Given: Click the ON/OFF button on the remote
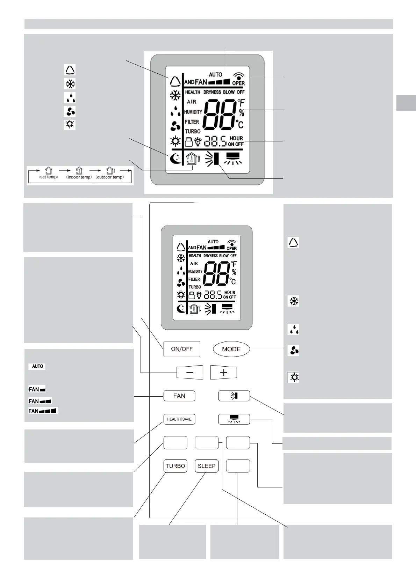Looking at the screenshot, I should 182,349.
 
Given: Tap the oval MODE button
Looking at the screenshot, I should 231,349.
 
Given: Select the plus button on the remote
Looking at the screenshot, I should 224,372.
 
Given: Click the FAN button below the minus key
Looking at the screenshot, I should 179,396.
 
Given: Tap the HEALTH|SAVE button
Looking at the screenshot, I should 179,419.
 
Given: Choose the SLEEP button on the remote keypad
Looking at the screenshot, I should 207,466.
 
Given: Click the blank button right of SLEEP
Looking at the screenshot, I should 238,466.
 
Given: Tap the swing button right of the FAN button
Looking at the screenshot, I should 234,396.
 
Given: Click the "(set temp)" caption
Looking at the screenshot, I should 48,177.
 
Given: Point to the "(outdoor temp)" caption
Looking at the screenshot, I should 110,177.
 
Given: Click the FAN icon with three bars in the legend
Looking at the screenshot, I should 43,411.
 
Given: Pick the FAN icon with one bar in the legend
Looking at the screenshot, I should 37,389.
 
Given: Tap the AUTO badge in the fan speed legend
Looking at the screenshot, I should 37,366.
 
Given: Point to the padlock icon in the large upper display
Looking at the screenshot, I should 189,142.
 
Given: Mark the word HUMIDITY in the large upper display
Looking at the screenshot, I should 193,112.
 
